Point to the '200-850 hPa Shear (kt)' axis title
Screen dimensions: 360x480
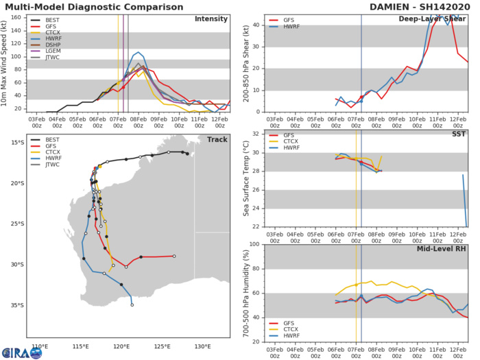point(242,64)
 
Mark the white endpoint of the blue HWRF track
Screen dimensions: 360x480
point(132,305)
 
